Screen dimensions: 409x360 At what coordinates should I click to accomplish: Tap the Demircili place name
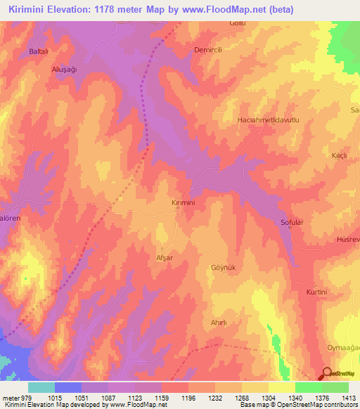[208, 51]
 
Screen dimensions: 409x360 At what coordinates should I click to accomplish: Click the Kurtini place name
[317, 291]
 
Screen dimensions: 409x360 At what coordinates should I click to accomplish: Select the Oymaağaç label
[343, 349]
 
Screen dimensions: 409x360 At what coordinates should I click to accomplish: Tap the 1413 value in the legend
[348, 398]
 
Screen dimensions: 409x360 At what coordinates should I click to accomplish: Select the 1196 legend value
[189, 398]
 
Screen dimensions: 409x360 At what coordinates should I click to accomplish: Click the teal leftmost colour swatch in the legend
[41, 387]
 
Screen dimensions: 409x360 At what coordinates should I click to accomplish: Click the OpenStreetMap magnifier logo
[326, 374]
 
